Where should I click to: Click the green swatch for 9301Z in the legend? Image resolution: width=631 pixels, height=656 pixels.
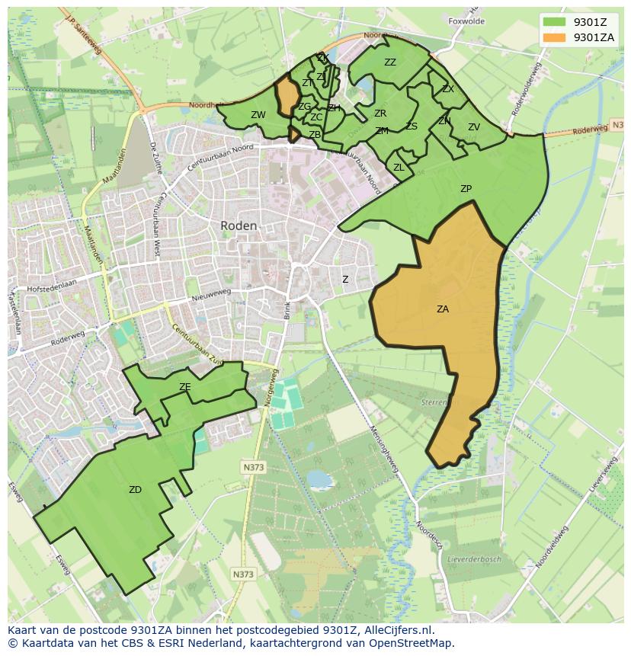(553, 21)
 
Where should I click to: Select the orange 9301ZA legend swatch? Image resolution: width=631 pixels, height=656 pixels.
(553, 37)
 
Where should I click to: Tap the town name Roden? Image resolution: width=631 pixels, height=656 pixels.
(239, 226)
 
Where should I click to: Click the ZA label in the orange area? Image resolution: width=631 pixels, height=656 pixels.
(443, 309)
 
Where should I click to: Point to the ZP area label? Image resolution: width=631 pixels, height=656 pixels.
(466, 188)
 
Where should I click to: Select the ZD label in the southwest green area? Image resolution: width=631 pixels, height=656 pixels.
(135, 490)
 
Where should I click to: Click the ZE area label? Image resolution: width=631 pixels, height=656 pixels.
(184, 387)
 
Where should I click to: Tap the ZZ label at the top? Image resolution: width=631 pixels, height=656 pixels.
(390, 62)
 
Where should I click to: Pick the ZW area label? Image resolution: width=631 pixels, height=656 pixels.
(258, 115)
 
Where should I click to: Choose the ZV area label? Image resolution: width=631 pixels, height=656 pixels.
(474, 127)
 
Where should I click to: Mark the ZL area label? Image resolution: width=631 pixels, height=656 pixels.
(399, 168)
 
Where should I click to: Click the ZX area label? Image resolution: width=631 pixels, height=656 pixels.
(448, 89)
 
